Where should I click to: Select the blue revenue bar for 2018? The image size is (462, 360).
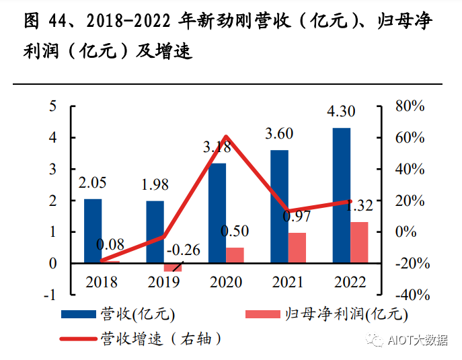(x=93, y=231)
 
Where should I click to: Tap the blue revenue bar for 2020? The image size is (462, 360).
(x=217, y=213)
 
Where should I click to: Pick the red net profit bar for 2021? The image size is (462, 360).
(x=297, y=248)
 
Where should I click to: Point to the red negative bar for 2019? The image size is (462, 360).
(x=172, y=267)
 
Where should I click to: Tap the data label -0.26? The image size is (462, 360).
(x=182, y=251)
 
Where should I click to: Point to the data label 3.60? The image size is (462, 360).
(x=278, y=133)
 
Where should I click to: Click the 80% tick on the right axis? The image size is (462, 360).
(x=410, y=106)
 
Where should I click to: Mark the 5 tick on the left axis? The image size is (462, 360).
(x=52, y=106)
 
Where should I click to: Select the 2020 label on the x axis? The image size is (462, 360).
(x=225, y=281)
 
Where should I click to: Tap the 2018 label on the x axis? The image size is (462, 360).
(x=101, y=281)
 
